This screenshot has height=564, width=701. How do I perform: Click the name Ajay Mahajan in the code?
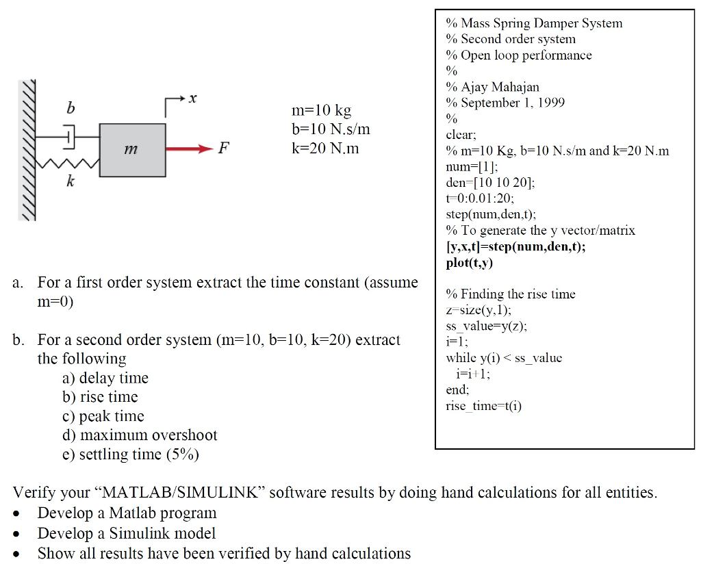pos(500,87)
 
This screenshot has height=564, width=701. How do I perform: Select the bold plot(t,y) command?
pos(470,263)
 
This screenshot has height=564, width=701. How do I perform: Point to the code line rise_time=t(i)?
pos(483,406)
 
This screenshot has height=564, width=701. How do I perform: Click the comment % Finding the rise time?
pos(511,294)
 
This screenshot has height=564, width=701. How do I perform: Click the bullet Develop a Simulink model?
pos(127,533)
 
